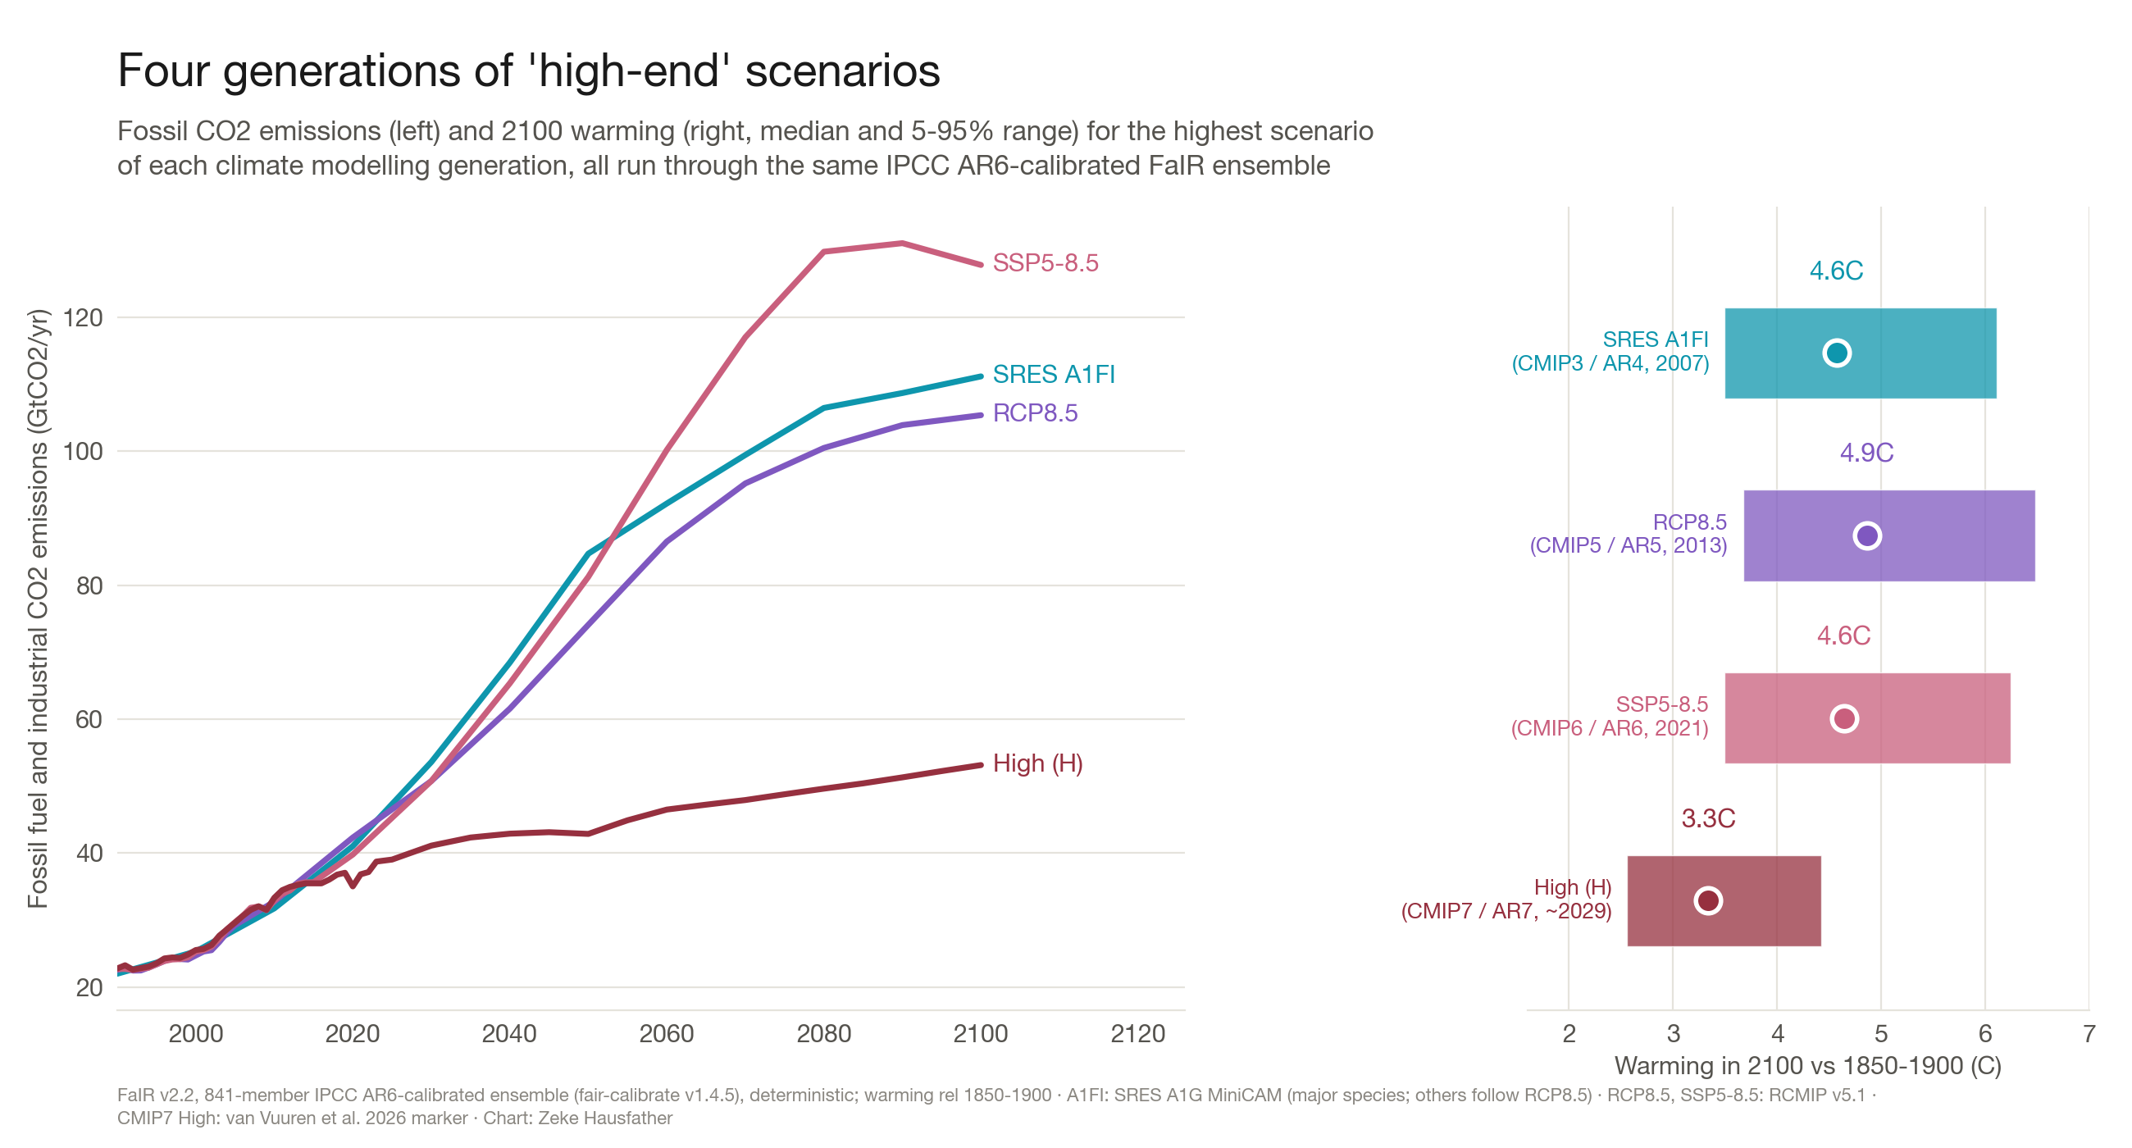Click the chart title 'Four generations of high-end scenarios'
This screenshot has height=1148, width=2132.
pyautogui.click(x=529, y=71)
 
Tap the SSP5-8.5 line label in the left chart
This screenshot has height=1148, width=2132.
pyautogui.click(x=1045, y=262)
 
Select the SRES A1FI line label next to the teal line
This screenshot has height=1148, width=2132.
pyautogui.click(x=1054, y=374)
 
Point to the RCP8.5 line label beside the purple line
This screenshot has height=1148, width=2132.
pyautogui.click(x=1035, y=412)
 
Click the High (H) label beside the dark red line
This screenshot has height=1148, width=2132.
pyautogui.click(x=1038, y=763)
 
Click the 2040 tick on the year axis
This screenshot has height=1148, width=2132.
pyautogui.click(x=509, y=1034)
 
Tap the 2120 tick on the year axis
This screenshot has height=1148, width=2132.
pyautogui.click(x=1138, y=1034)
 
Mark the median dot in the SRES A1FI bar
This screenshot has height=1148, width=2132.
pyautogui.click(x=1837, y=353)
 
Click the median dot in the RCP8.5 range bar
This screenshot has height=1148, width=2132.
pyautogui.click(x=1866, y=536)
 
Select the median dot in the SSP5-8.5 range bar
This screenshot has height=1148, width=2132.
pyautogui.click(x=1844, y=718)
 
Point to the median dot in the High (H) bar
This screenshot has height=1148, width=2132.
pyautogui.click(x=1708, y=900)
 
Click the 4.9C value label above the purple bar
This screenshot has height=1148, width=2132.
pyautogui.click(x=1866, y=453)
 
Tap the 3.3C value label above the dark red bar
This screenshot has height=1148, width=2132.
pyautogui.click(x=1708, y=818)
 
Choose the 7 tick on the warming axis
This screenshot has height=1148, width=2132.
pyautogui.click(x=2089, y=1034)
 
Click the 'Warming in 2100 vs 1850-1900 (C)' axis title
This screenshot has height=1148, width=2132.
pyautogui.click(x=1808, y=1066)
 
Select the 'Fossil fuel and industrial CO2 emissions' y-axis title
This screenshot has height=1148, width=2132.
pyautogui.click(x=38, y=608)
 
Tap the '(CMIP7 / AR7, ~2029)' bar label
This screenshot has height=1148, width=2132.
pyautogui.click(x=1506, y=911)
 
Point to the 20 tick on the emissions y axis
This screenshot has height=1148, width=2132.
pyautogui.click(x=89, y=987)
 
